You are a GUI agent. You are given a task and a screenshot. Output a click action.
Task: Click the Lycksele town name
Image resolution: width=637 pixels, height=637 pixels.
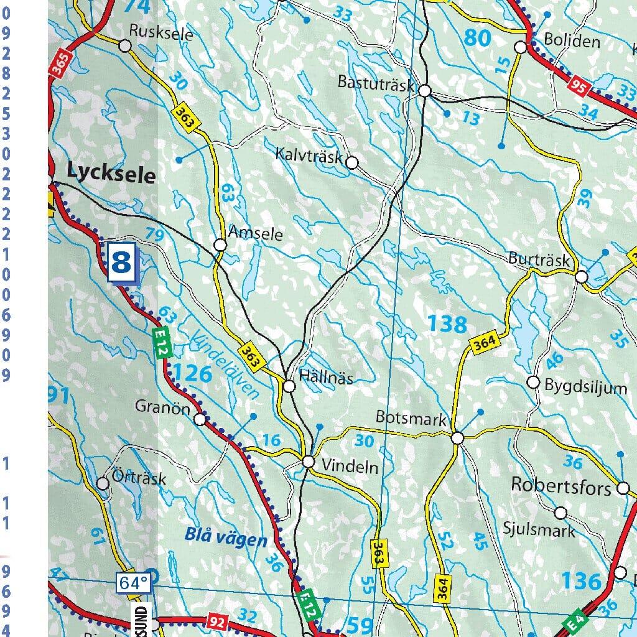(111, 174)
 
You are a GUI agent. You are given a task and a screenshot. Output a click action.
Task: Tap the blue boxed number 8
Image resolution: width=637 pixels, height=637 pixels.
(121, 263)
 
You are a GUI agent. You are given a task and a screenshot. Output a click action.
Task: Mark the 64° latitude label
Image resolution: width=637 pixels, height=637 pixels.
(133, 584)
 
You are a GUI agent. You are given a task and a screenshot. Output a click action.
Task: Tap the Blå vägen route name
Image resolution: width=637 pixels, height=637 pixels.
(225, 537)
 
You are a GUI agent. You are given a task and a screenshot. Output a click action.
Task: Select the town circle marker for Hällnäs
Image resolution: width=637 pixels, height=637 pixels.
(289, 387)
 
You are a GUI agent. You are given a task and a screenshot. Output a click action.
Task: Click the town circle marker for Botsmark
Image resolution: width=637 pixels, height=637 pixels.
(457, 439)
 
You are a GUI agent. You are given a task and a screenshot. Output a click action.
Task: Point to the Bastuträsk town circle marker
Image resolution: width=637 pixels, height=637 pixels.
(425, 91)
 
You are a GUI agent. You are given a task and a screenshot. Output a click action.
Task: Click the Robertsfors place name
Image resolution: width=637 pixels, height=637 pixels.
(561, 486)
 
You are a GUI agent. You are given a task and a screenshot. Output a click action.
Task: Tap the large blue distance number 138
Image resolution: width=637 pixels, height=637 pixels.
(447, 324)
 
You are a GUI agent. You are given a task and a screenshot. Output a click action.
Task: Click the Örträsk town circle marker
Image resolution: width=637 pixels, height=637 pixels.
(103, 483)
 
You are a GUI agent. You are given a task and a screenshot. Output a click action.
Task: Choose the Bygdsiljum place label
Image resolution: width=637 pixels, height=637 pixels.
(585, 388)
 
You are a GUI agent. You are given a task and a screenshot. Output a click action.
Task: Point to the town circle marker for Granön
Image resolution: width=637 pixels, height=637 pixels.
(200, 419)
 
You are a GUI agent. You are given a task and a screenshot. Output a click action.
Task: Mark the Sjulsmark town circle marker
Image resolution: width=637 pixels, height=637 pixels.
(560, 513)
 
